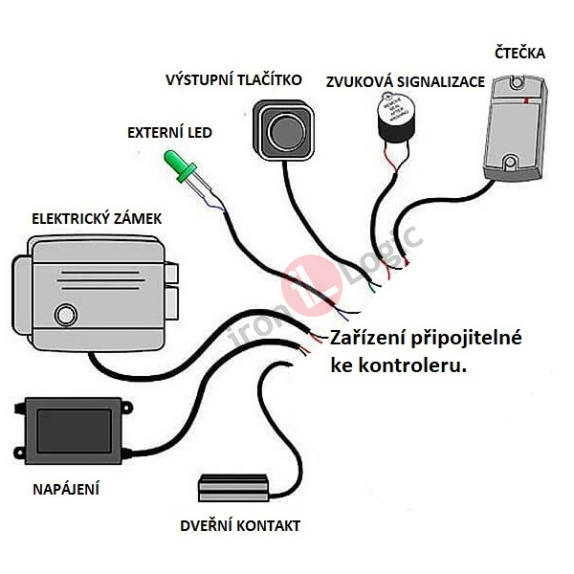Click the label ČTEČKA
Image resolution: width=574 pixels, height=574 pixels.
pyautogui.click(x=520, y=54)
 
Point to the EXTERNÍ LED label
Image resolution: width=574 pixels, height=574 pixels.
pyautogui.click(x=169, y=133)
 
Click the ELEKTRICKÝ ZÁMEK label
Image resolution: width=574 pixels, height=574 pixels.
pyautogui.click(x=97, y=219)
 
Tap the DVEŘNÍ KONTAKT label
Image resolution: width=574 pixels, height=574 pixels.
pyautogui.click(x=240, y=525)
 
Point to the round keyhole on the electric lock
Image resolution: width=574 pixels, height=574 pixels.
pyautogui.click(x=65, y=314)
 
